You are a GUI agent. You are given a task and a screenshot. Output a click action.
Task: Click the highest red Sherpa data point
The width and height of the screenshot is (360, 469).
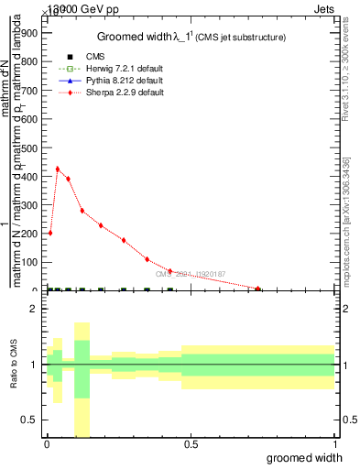[x=58, y=169]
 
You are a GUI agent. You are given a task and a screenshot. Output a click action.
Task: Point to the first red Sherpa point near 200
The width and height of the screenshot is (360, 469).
[x=49, y=233]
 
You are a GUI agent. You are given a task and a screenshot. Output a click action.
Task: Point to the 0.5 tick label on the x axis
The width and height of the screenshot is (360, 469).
[x=191, y=444]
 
